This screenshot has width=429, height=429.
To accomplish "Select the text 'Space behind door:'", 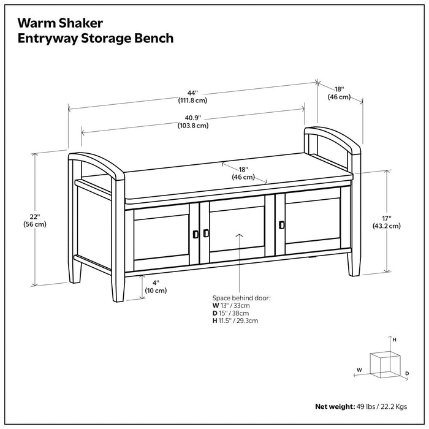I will [241, 297].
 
